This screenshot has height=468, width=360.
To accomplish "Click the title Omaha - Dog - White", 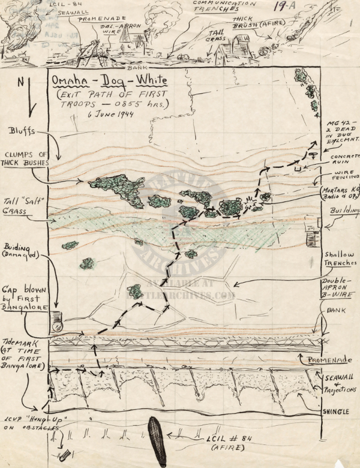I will click(x=109, y=80).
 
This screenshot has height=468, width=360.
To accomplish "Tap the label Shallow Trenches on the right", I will click(x=340, y=258).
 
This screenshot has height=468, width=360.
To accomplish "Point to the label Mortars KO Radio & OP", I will click(x=338, y=192).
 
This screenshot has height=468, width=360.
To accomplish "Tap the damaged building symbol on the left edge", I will click(x=56, y=322).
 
